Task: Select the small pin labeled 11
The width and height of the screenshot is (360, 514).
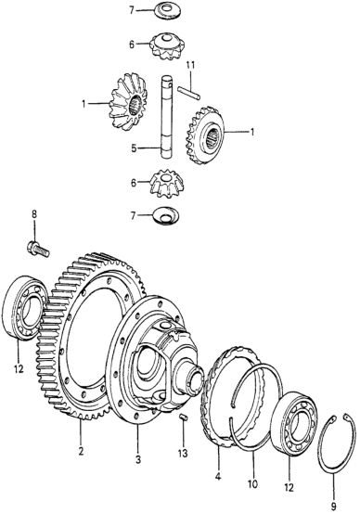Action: tap(188, 92)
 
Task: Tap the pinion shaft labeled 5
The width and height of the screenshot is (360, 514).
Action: tap(167, 117)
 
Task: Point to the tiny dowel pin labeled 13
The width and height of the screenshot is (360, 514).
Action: tap(184, 418)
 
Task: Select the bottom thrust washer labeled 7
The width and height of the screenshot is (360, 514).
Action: tap(166, 215)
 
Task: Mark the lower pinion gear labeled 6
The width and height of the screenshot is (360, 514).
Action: tap(166, 183)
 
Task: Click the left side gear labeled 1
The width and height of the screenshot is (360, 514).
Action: tap(128, 104)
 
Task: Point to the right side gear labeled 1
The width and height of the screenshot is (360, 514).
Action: tap(206, 136)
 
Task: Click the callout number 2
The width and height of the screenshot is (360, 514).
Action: tap(81, 450)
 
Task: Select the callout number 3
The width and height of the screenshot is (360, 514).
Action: tap(138, 459)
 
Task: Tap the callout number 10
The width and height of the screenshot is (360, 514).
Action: tap(252, 483)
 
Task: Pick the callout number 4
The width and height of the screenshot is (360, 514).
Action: tap(218, 474)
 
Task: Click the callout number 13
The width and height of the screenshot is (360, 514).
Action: tap(183, 453)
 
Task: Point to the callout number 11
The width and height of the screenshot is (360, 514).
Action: tap(190, 65)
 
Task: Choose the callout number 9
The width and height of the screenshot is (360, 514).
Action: tap(333, 507)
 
